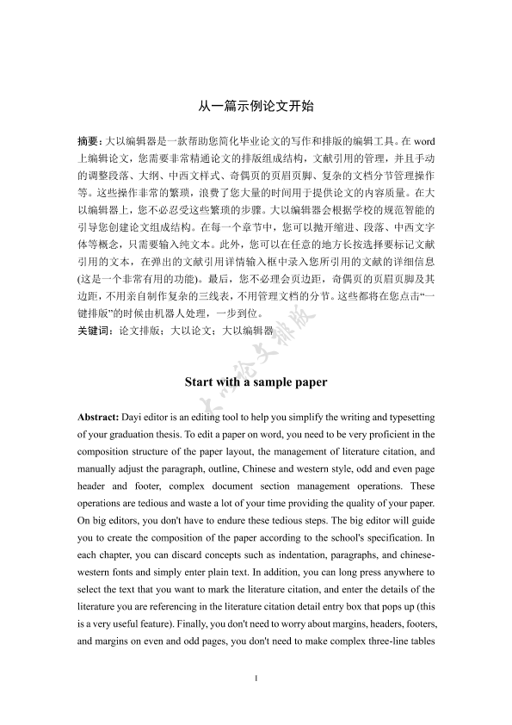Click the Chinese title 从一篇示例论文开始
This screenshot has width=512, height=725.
[x=256, y=107]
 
